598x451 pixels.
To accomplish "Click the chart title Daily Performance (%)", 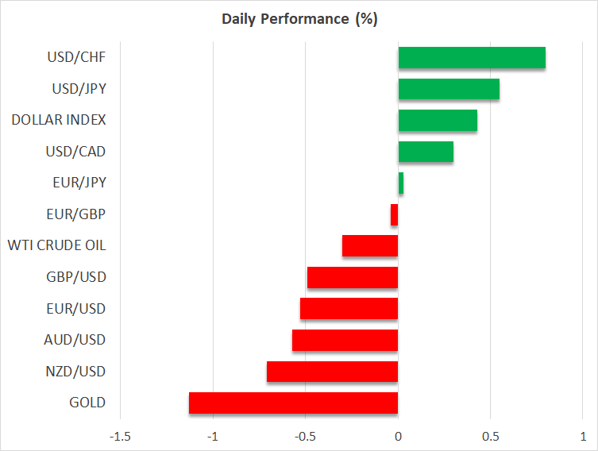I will [299, 19].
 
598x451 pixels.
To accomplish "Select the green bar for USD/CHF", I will [472, 58].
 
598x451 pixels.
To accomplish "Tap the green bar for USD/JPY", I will [449, 89].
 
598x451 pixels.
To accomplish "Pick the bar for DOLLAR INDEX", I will [438, 121].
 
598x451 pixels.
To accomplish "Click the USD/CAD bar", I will [426, 152].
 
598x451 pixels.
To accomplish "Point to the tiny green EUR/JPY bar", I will [401, 183].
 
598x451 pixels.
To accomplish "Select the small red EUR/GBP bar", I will [395, 214].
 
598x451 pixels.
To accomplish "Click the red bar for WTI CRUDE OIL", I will [370, 246].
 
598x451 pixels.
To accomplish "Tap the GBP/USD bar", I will [353, 277].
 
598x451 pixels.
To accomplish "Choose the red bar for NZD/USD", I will [333, 372].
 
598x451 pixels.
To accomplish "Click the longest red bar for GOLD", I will [294, 403].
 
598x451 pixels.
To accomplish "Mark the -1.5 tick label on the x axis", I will [121, 436].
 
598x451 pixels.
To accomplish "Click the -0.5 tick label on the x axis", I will [305, 436].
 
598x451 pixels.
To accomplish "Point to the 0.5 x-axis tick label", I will [490, 436].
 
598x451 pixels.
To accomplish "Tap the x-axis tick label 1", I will [583, 436].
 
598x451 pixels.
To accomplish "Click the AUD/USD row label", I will [75, 340].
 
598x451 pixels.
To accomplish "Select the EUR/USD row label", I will [75, 309].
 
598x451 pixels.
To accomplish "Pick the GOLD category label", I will [87, 403].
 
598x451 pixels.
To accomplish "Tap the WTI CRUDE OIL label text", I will [56, 245].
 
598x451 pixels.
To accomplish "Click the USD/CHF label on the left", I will [76, 57].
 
